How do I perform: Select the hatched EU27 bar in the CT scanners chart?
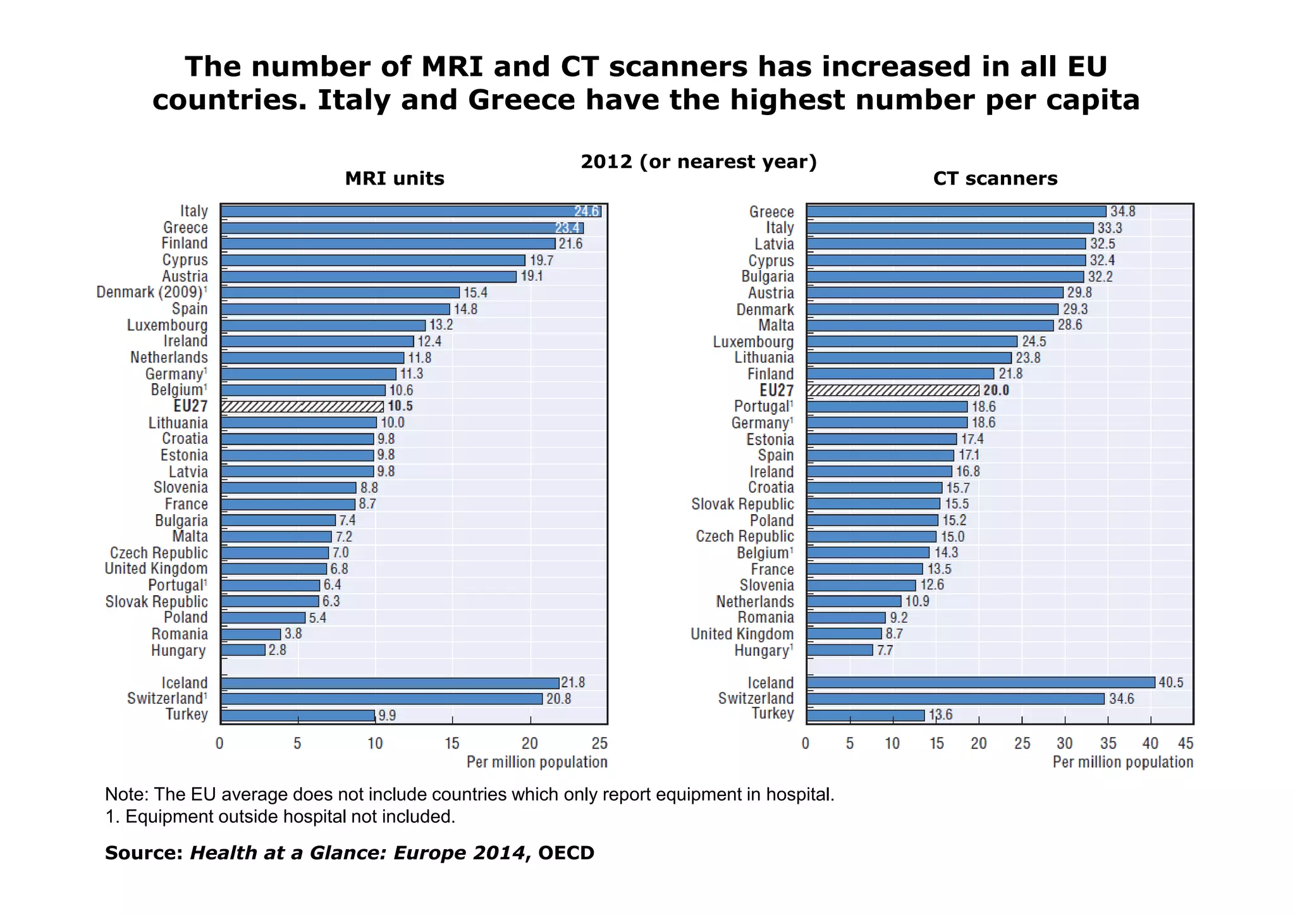(x=893, y=390)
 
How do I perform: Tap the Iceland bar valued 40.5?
(x=980, y=682)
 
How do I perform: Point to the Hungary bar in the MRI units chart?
(x=243, y=650)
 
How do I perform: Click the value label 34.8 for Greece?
(x=1122, y=211)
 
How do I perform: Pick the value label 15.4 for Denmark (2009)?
(x=476, y=292)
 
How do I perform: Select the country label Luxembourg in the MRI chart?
(x=167, y=325)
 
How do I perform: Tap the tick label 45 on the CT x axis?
(x=1186, y=743)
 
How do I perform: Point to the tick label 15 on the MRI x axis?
(x=452, y=743)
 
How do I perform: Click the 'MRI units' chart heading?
(x=395, y=178)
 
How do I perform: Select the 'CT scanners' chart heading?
(x=995, y=178)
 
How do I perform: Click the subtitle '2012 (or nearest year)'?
(x=699, y=162)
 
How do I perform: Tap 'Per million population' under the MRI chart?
(x=537, y=762)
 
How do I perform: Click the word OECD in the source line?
(x=566, y=852)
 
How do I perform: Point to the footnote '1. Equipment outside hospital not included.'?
(x=280, y=816)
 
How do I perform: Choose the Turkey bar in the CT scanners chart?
(x=865, y=715)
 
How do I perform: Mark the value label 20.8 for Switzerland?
(x=558, y=699)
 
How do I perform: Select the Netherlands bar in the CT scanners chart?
(x=854, y=601)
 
